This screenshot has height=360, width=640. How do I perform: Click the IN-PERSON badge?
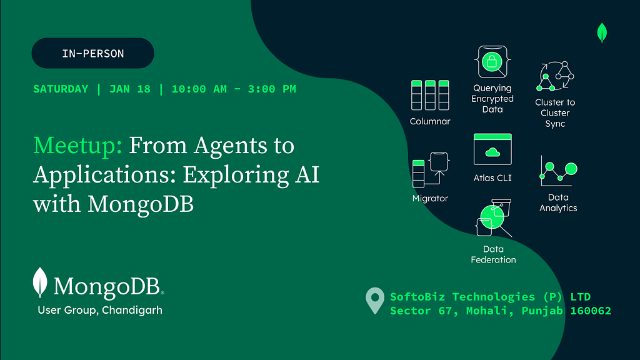(x=92, y=53)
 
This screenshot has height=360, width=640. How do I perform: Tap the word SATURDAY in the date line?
(x=61, y=89)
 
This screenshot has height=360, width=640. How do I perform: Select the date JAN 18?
(x=130, y=89)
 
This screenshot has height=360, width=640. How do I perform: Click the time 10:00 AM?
(x=199, y=89)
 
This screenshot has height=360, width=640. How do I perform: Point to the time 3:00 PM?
(x=272, y=89)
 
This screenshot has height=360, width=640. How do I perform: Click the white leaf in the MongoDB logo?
(x=41, y=282)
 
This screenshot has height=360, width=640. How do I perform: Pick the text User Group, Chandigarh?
(x=100, y=310)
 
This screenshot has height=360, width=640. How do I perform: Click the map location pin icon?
(x=374, y=301)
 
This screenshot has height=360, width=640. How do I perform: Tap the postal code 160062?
(x=591, y=311)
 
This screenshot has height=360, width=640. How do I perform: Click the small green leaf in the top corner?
(x=602, y=32)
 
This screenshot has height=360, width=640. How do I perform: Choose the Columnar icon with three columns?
(x=430, y=95)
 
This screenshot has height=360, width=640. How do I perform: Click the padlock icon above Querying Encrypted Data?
(x=492, y=61)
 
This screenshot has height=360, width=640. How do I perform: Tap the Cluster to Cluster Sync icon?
(x=555, y=76)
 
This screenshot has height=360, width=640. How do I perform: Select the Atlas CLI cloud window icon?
(x=492, y=149)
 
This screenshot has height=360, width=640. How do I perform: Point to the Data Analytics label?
(x=558, y=202)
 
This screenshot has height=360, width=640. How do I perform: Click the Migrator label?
(x=430, y=198)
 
